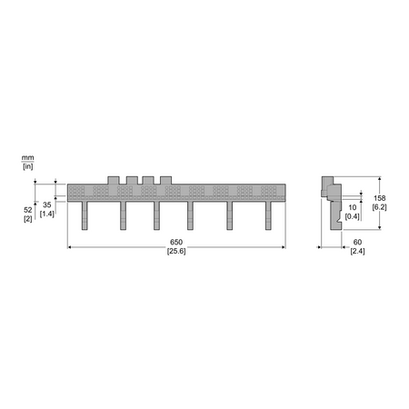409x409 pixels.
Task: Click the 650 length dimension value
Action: click(x=176, y=242)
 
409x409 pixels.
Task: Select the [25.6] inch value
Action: click(x=176, y=251)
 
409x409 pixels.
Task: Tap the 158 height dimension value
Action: click(x=379, y=198)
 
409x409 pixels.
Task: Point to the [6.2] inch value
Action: click(x=379, y=207)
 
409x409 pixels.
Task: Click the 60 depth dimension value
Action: click(x=357, y=242)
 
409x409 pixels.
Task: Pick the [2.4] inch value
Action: click(x=357, y=251)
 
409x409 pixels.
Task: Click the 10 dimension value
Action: click(x=353, y=207)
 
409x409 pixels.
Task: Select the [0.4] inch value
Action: click(x=353, y=216)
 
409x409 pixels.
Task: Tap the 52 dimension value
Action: click(x=28, y=210)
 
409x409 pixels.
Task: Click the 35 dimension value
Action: click(x=47, y=204)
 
